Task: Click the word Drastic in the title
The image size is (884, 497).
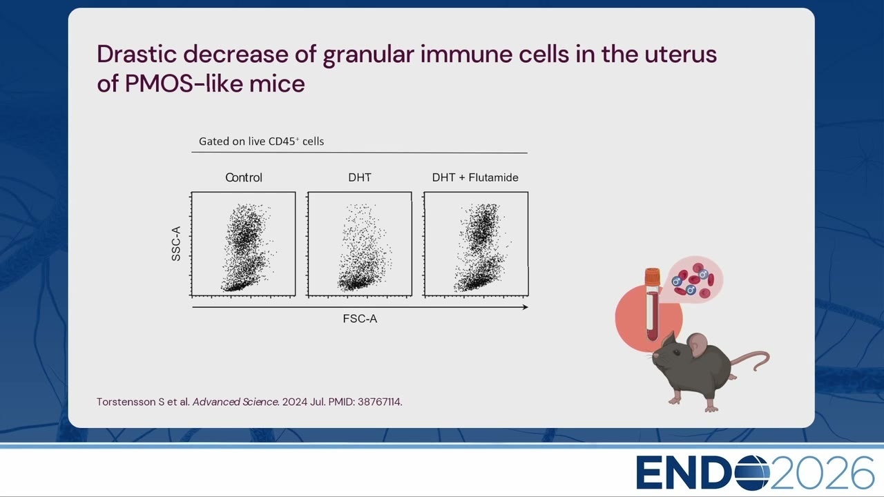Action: [x=137, y=54]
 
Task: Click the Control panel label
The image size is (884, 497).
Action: [x=244, y=177]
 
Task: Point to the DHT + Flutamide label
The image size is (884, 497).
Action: [x=475, y=177]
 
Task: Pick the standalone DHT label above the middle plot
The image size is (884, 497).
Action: [x=360, y=177]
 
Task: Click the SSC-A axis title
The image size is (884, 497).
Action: [x=176, y=244]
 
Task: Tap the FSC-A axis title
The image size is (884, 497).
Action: [x=360, y=319]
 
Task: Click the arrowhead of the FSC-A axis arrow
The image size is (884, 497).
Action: [x=526, y=307]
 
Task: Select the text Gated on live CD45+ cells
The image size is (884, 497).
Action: [x=261, y=142]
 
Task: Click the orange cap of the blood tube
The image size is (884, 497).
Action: [x=653, y=276]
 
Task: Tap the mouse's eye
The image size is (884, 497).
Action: [x=676, y=352]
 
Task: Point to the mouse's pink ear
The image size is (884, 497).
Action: [x=697, y=344]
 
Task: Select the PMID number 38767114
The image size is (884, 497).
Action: [x=379, y=402]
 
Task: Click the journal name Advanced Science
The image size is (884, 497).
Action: [x=236, y=402]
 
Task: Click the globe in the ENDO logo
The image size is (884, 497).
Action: [x=751, y=472]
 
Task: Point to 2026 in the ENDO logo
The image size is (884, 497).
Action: [x=822, y=473]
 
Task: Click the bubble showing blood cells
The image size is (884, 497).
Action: [x=695, y=280]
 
